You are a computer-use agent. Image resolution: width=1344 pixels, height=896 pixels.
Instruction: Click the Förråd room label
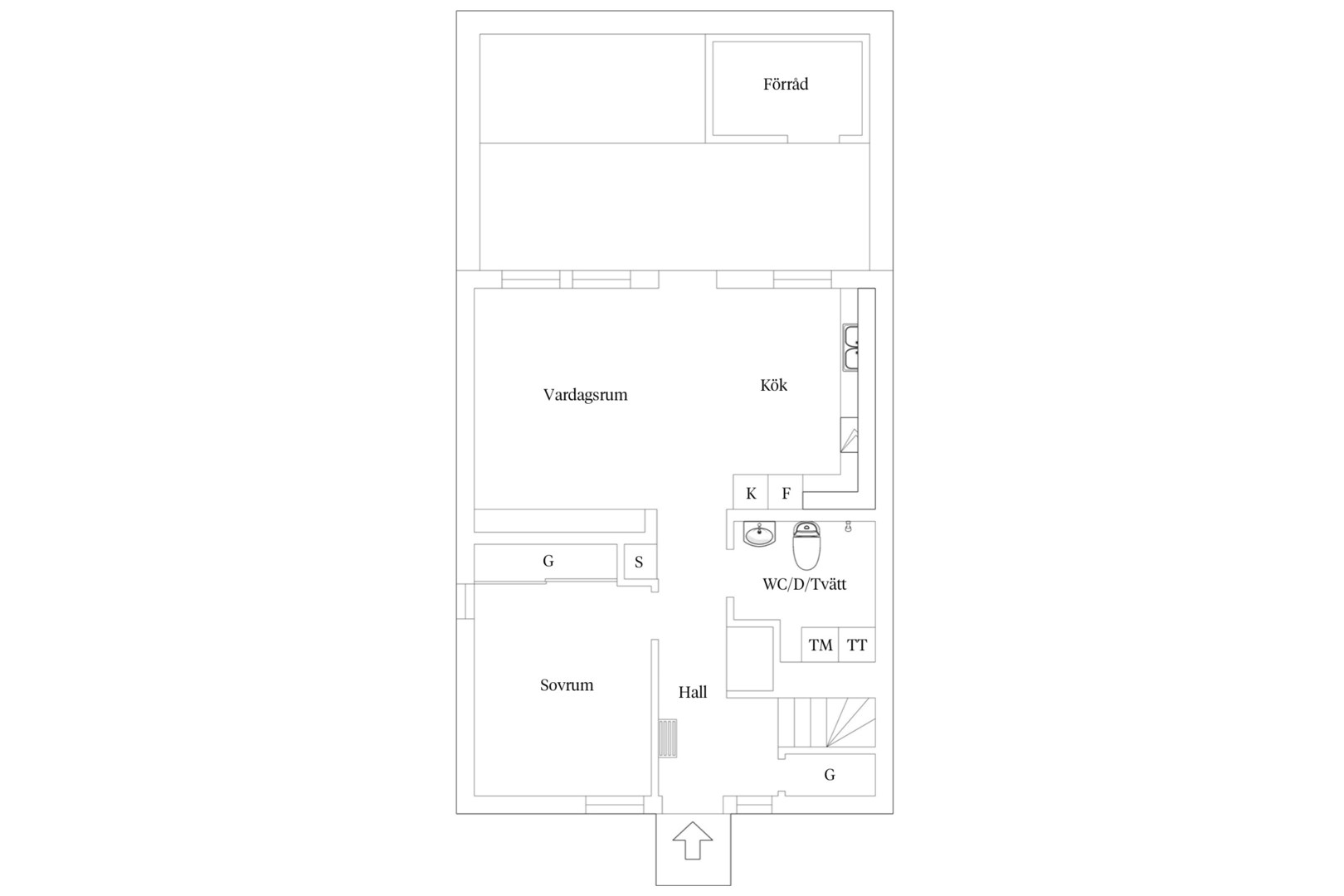786,84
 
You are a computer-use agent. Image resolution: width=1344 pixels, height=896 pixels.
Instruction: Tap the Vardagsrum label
585,395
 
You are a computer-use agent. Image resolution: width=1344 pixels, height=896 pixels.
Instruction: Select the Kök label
773,385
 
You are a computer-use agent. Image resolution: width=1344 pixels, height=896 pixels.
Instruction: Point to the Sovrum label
567,684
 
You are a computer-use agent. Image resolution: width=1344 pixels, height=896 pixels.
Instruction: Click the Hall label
693,692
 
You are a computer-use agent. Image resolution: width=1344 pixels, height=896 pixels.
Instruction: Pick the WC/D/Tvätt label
804,584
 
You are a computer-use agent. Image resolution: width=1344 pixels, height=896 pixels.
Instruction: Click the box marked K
751,492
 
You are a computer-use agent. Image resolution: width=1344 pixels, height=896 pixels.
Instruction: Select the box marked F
786,492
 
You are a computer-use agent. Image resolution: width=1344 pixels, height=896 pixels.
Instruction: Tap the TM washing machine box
821,645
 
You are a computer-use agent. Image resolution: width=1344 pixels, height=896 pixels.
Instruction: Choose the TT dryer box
857,645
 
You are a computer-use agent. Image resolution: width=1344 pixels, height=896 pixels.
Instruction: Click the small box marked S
640,562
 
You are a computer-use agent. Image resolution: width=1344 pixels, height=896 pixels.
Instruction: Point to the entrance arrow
693,840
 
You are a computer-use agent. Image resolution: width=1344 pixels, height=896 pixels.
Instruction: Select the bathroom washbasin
759,534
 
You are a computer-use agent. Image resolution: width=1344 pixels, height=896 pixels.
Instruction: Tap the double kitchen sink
850,348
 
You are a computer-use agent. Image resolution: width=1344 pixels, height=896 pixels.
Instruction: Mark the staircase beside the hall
827,722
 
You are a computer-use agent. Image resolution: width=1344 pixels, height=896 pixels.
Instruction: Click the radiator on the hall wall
668,738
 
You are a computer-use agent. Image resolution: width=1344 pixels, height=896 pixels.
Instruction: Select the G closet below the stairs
830,775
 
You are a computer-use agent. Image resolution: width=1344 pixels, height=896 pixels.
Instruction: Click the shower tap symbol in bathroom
848,526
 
